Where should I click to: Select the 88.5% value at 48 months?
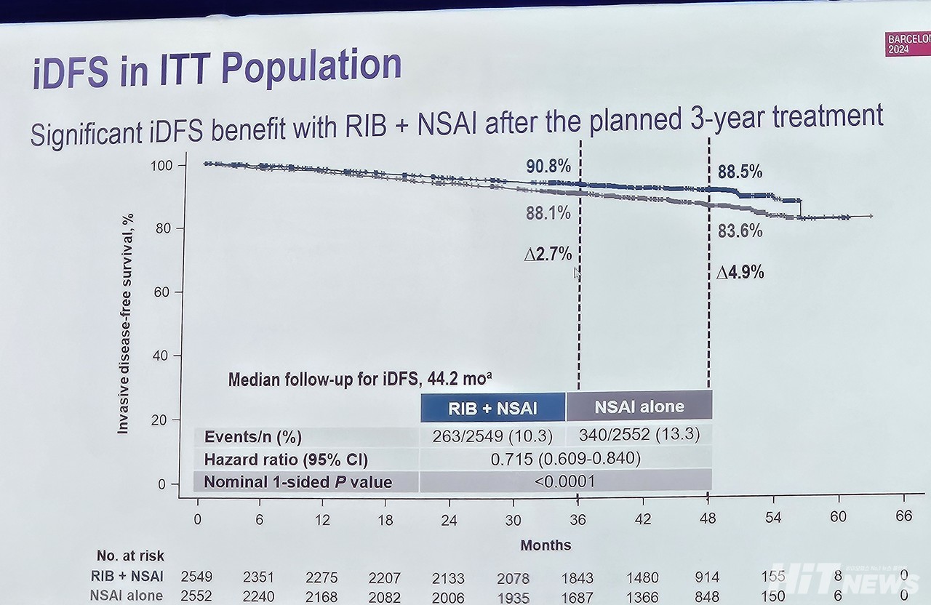740,172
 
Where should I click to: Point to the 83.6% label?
740,231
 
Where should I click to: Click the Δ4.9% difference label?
740,272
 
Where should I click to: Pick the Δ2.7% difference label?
548,255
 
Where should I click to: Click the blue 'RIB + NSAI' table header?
492,408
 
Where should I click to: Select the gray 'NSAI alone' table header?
639,406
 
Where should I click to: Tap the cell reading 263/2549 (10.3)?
492,436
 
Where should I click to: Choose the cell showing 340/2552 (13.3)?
639,435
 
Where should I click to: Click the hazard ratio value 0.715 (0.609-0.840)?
565,459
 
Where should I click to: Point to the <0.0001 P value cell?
565,481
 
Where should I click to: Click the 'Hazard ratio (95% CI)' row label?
286,460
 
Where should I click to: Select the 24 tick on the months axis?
449,520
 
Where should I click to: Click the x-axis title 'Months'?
546,545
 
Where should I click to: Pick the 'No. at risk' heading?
130,556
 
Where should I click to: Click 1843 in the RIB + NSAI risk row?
577,577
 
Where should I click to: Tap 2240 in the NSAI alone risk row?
259,596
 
